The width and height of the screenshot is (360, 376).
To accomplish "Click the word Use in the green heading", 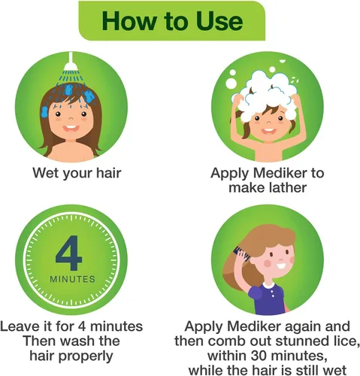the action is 219,21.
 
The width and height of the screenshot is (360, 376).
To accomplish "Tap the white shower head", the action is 71,64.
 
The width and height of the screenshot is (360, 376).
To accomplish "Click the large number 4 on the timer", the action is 69,253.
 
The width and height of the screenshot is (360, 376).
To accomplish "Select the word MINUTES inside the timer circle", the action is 72,279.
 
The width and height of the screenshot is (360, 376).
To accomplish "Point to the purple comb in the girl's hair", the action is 242,253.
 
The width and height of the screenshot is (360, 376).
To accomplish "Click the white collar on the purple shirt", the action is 268,286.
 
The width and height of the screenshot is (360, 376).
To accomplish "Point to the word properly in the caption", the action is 86,356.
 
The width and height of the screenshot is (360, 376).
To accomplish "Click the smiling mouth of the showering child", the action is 71,129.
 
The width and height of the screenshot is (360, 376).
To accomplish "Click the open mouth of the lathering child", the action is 268,131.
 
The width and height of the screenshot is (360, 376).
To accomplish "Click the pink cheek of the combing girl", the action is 268,263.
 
